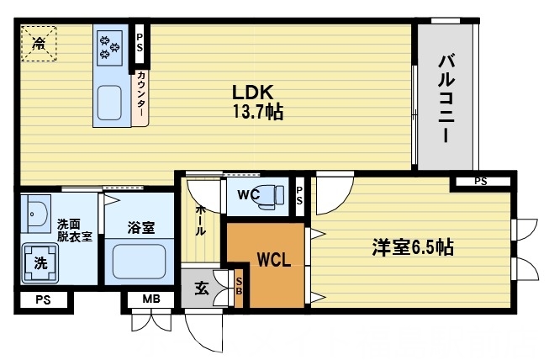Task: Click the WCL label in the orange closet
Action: tap(273, 259)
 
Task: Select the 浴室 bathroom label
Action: tap(140, 227)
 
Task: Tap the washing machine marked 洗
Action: tap(40, 262)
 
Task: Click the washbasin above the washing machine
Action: tap(35, 215)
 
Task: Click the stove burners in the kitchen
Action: tap(110, 46)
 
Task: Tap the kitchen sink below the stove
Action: tap(110, 103)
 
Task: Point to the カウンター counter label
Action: tap(141, 96)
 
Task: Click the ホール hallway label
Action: tap(201, 220)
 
